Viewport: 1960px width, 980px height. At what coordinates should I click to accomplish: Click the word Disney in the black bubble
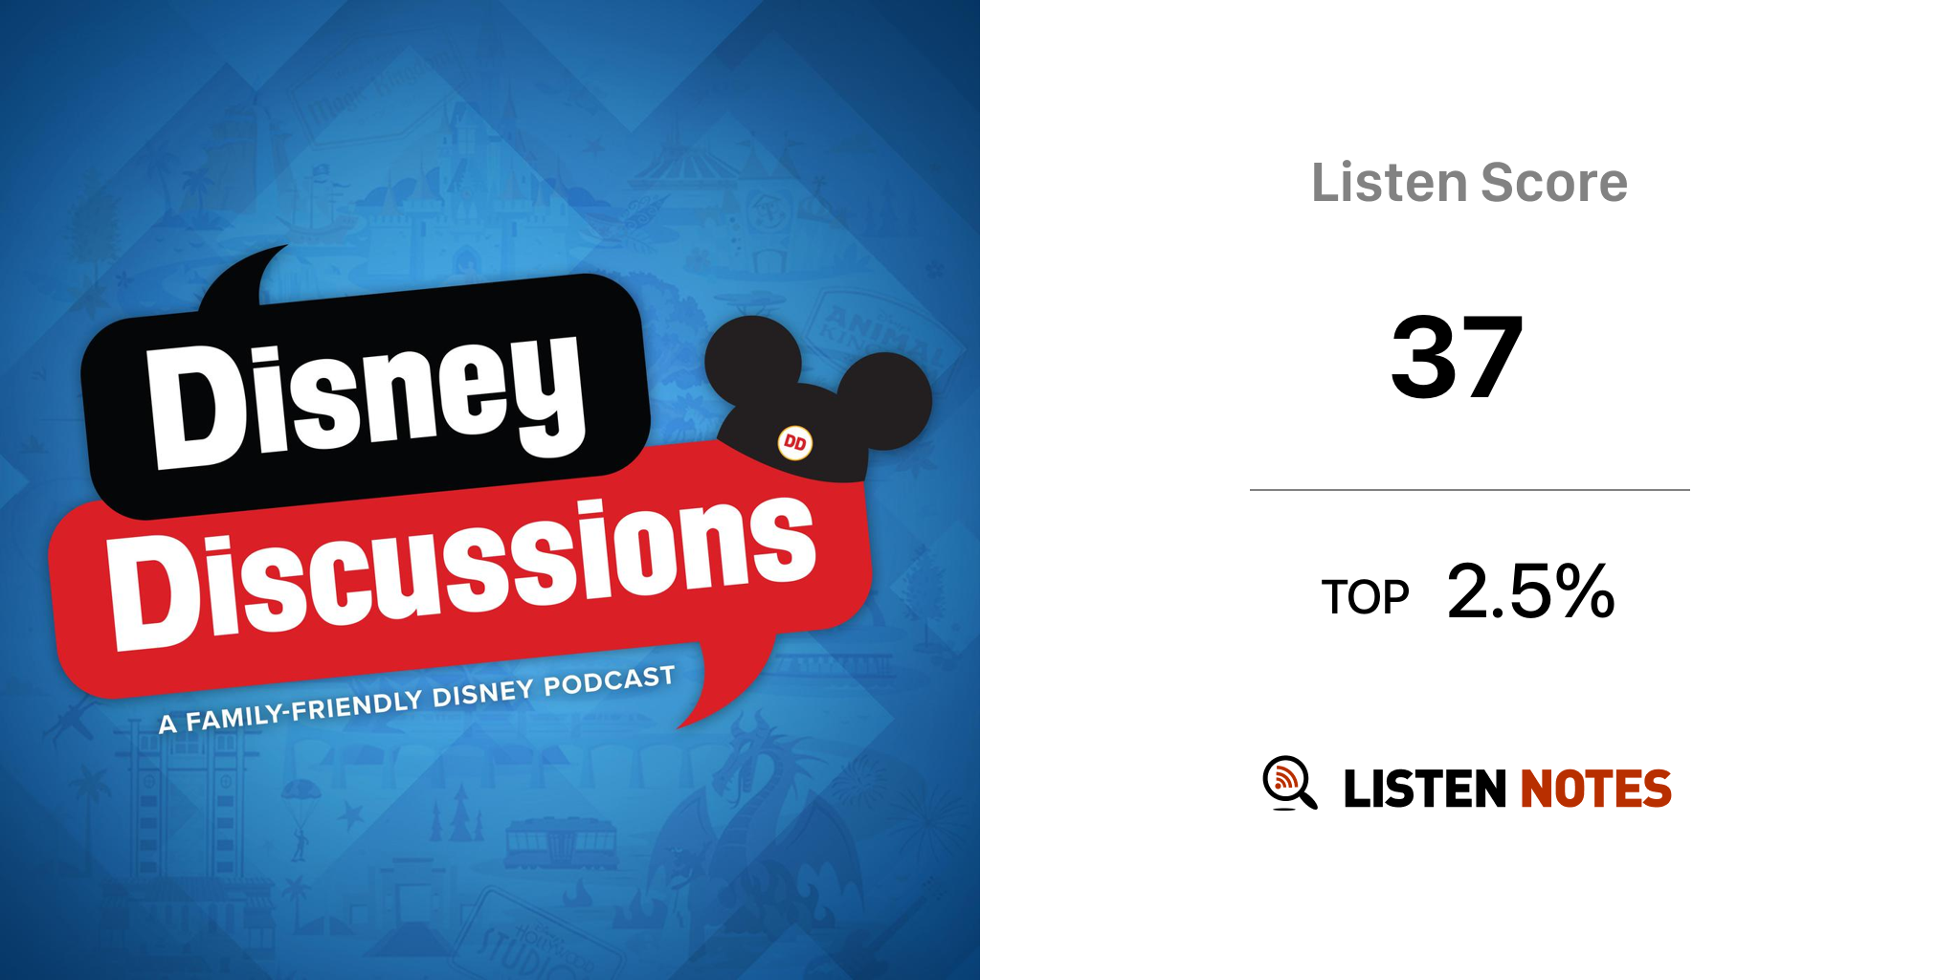(367, 402)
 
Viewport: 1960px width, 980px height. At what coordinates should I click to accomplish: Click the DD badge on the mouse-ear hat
(794, 443)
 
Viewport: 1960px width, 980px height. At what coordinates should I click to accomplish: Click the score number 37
(1458, 357)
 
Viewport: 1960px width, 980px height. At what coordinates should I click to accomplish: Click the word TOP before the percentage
(1366, 597)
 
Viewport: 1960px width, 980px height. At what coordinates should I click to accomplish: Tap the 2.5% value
(1531, 590)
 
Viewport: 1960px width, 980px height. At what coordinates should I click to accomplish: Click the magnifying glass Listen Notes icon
(1289, 782)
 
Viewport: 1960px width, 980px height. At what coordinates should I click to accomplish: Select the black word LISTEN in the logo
(1425, 789)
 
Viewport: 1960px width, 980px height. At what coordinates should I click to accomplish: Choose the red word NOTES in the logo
(1595, 789)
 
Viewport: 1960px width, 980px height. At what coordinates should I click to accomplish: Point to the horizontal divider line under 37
(1470, 490)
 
